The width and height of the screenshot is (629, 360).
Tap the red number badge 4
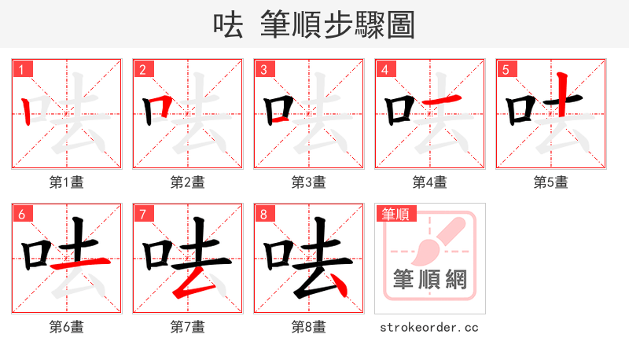[x=384, y=69]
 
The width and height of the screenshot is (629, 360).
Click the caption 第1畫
[x=67, y=182]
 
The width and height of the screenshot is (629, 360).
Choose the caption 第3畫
[x=309, y=182]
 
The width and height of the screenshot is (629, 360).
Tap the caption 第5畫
[x=551, y=182]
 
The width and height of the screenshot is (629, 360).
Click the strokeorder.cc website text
[x=429, y=327]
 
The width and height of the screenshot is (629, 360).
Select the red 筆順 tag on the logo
[x=396, y=214]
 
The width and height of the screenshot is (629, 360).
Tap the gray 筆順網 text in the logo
[x=430, y=280]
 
